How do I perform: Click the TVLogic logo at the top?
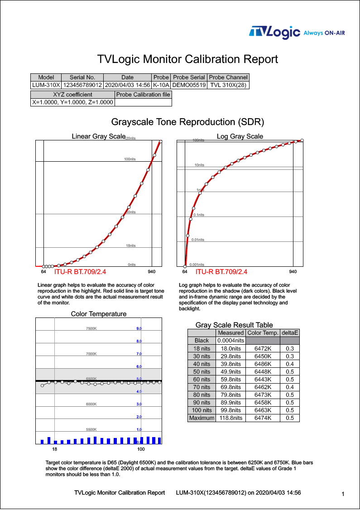(x=275, y=32)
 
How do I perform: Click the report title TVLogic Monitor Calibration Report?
(x=187, y=59)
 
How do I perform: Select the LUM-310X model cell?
(x=46, y=85)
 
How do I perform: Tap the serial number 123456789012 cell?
(x=82, y=85)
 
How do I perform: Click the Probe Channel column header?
(x=228, y=77)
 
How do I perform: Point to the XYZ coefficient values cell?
(x=72, y=102)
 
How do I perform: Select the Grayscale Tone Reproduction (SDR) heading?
(x=187, y=122)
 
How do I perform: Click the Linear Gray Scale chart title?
(x=98, y=136)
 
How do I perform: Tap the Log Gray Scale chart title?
(x=240, y=136)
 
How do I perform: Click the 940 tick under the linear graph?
(x=152, y=272)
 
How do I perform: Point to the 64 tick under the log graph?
(x=185, y=272)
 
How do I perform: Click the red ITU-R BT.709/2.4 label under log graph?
(x=221, y=272)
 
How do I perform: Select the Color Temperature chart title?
(x=99, y=314)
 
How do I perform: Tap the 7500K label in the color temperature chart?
(x=91, y=328)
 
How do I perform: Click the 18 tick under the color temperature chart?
(x=54, y=449)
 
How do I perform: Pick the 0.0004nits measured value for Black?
(x=231, y=341)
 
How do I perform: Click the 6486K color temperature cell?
(x=263, y=364)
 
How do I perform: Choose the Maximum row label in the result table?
(x=202, y=418)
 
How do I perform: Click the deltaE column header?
(x=290, y=333)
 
